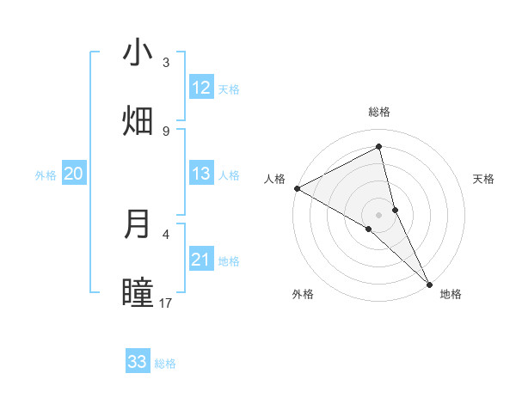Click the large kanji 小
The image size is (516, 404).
[x=138, y=53]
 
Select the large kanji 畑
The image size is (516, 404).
[x=138, y=121]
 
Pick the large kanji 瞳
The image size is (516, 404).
[x=138, y=292]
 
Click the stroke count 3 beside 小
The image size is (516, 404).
[x=166, y=63]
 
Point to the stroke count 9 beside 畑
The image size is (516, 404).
[x=166, y=131]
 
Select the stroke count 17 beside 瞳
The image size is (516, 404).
[x=166, y=303]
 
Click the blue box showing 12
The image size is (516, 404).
[x=201, y=88]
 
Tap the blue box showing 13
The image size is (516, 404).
[x=201, y=174]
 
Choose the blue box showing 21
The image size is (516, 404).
[x=201, y=260]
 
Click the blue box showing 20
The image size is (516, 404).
[x=73, y=174]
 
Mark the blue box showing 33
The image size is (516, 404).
[x=138, y=362]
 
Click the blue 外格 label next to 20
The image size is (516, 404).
[x=46, y=175]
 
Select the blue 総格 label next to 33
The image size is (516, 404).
[x=165, y=364]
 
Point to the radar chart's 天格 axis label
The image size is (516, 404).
[x=483, y=179]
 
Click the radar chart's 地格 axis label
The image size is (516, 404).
[x=451, y=294]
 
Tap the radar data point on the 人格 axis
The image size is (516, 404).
[x=297, y=188]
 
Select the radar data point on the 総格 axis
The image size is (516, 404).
[x=378, y=147]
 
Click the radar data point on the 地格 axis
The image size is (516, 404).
[x=429, y=282]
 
